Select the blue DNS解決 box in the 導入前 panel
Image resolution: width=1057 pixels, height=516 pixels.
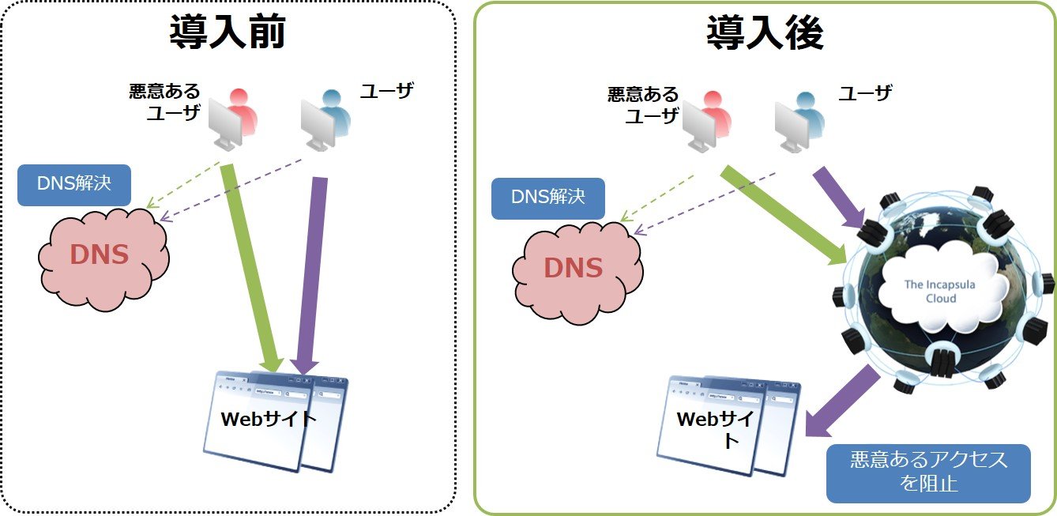[x=74, y=184]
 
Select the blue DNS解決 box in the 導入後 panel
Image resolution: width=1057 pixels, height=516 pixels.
[x=548, y=198]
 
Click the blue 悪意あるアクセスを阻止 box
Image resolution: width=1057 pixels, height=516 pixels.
[x=928, y=473]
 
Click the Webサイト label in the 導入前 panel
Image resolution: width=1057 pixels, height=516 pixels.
[x=269, y=419]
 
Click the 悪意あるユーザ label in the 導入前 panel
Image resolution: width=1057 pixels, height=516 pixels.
[x=165, y=102]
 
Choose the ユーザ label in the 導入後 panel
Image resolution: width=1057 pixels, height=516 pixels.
[x=865, y=94]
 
